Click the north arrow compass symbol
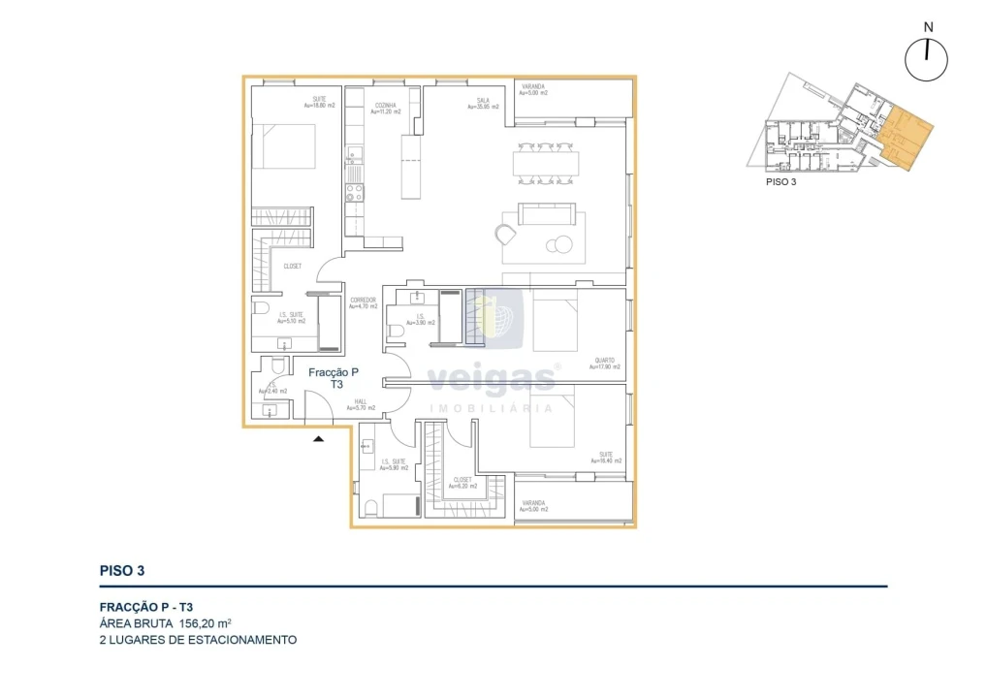(927, 59)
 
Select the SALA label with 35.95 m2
(485, 103)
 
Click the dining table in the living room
(549, 163)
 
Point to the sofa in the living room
(546, 214)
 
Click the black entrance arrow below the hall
(318, 439)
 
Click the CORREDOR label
(363, 303)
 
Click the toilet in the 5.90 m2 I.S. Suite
(372, 507)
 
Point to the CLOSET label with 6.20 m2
(462, 482)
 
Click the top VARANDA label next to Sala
(533, 90)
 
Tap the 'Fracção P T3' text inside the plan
(334, 378)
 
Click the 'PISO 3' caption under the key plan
(780, 181)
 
